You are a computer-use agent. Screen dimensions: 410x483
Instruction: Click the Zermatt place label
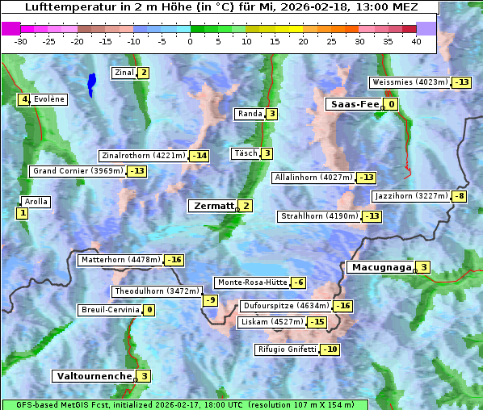click(213, 206)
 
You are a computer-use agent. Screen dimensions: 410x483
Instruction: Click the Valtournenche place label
click(93, 376)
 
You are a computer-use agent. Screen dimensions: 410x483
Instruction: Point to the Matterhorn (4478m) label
click(120, 260)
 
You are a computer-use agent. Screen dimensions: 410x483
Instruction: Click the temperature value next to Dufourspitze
click(343, 306)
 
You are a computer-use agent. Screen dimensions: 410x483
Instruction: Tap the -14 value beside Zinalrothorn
click(199, 156)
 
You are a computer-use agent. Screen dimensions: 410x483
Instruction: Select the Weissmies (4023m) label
click(409, 82)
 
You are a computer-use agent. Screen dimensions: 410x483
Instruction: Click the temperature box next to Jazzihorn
click(460, 196)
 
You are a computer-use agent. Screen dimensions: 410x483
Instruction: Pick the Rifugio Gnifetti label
click(287, 349)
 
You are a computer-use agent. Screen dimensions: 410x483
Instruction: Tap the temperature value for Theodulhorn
click(210, 300)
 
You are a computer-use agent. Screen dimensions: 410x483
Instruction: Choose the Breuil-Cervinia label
click(110, 310)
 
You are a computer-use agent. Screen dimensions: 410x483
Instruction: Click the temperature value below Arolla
click(22, 213)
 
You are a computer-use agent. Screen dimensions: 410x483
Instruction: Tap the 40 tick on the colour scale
click(415, 41)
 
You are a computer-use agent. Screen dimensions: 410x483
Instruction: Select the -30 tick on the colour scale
click(20, 41)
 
